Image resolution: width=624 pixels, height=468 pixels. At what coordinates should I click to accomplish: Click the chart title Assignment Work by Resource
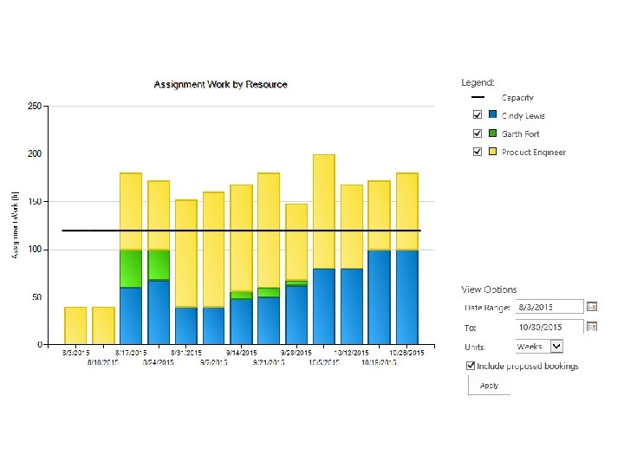pos(220,84)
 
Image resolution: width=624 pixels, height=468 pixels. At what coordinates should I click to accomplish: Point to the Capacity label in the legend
pos(517,98)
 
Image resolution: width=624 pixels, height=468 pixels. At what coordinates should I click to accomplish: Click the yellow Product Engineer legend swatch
pos(492,152)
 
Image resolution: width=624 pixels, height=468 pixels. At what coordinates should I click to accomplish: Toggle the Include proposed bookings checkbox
pos(471,366)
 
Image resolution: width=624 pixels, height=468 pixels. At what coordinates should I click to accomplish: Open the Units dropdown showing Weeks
pos(539,346)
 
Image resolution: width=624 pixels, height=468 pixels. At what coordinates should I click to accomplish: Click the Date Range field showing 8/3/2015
pos(549,307)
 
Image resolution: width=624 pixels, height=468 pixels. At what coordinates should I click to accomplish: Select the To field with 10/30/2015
pos(549,327)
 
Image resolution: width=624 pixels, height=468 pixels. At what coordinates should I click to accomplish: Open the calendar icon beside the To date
pos(593,327)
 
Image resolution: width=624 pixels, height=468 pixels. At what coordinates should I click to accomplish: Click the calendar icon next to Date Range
pos(593,307)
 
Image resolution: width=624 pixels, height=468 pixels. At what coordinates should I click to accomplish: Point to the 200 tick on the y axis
pos(34,153)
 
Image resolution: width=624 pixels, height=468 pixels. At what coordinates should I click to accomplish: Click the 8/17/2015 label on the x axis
pos(131,353)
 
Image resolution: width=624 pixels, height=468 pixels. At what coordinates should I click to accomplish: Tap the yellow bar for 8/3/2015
pos(75,325)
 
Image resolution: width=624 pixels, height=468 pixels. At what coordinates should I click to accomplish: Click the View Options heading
pos(488,289)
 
